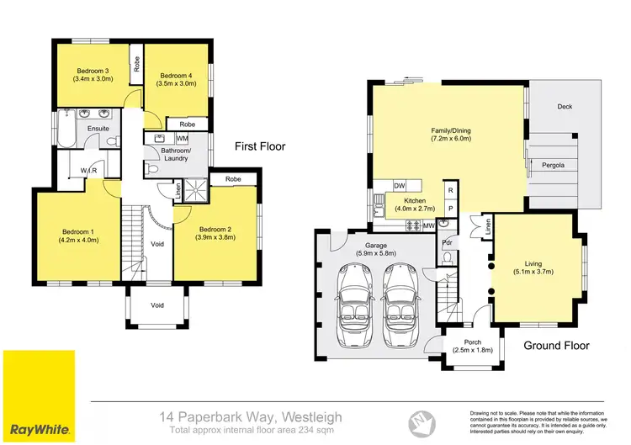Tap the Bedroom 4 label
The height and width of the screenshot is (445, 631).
pos(176,76)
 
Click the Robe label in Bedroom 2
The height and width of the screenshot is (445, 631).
pos(233,179)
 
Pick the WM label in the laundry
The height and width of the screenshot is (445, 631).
pos(182,138)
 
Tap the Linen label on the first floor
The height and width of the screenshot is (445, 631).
pos(178,192)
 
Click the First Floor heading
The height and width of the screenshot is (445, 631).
pos(260,146)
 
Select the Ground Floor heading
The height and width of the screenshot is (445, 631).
pos(556,345)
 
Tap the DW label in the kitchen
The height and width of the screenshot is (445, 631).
pos(400,186)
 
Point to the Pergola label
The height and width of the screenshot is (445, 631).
pos(553,165)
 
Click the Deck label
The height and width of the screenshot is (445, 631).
pos(564,107)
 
